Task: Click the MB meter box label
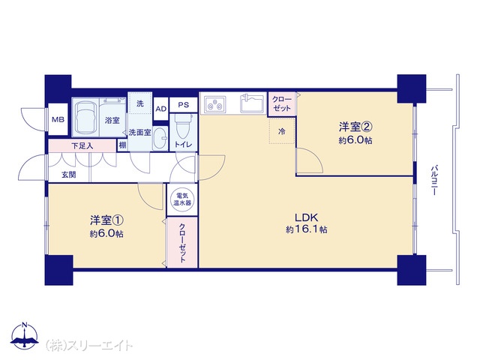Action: pyautogui.click(x=58, y=119)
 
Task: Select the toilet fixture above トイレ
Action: pyautogui.click(x=183, y=126)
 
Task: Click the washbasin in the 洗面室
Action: pyautogui.click(x=160, y=138)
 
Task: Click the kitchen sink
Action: pyautogui.click(x=252, y=103)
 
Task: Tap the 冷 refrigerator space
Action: pyautogui.click(x=282, y=131)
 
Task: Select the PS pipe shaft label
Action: pyautogui.click(x=183, y=105)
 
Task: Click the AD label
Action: pyautogui.click(x=161, y=109)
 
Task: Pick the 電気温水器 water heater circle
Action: pyautogui.click(x=182, y=199)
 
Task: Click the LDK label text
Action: pyautogui.click(x=307, y=217)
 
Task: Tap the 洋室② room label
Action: pyautogui.click(x=355, y=127)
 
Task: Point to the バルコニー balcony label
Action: pyautogui.click(x=434, y=181)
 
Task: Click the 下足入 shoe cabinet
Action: pyautogui.click(x=82, y=145)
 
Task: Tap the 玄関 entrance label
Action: pyautogui.click(x=69, y=175)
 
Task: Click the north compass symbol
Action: pyautogui.click(x=25, y=335)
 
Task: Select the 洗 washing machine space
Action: pyautogui.click(x=140, y=103)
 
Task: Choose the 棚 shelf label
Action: pyautogui.click(x=122, y=145)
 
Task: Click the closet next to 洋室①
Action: pyautogui.click(x=182, y=242)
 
